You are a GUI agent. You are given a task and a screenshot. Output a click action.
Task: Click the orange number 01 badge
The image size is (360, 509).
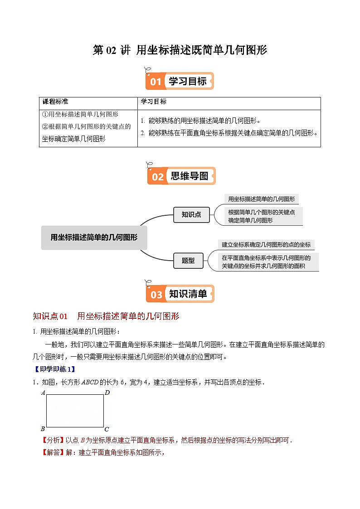tap(156, 82)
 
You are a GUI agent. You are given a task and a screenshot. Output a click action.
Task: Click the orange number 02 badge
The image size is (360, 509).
tap(157, 176)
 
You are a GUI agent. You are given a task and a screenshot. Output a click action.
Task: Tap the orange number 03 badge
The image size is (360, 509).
tap(156, 295)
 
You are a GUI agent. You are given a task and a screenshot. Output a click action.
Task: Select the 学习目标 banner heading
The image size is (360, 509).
tap(188, 81)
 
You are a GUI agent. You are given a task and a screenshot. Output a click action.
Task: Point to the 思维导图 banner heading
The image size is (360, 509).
tap(190, 176)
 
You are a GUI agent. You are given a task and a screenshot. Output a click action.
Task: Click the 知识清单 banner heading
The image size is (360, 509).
tap(188, 294)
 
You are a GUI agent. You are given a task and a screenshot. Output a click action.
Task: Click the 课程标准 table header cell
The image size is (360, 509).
tap(55, 102)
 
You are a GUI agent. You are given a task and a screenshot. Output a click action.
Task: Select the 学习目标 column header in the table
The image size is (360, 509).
tap(154, 102)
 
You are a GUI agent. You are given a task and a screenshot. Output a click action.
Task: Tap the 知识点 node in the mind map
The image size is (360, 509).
tap(191, 214)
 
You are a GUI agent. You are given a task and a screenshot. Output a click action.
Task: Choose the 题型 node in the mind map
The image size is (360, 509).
tap(188, 260)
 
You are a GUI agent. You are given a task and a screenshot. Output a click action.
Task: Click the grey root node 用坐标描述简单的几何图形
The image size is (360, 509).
tap(94, 237)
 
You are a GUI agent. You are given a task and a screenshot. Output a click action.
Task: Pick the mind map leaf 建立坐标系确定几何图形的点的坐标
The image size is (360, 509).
tap(266, 244)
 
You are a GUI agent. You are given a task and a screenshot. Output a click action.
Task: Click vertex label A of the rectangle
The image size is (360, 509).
tap(43, 393)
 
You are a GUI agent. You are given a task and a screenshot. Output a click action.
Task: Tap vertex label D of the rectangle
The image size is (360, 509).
tap(107, 393)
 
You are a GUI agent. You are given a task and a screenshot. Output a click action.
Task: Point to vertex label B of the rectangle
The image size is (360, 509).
tap(43, 429)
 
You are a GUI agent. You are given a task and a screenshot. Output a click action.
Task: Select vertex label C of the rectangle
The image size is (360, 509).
tap(107, 429)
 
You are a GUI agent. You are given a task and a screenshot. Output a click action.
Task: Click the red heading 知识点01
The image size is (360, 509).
tap(50, 316)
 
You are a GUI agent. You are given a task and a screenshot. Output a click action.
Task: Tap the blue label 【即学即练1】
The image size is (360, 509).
tap(54, 369)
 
